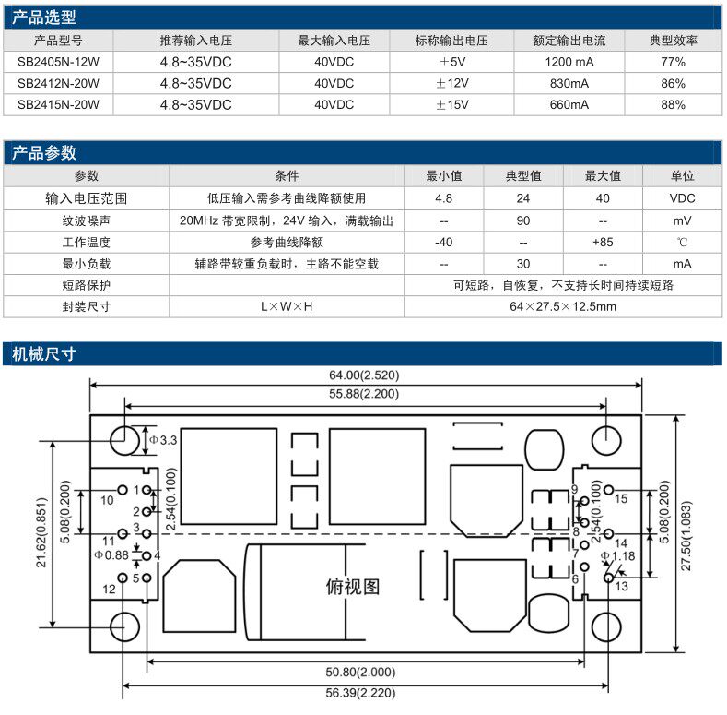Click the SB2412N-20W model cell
pyautogui.click(x=58, y=83)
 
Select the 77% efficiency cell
pyautogui.click(x=673, y=62)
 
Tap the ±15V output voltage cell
pyautogui.click(x=451, y=104)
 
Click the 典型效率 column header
pyautogui.click(x=673, y=41)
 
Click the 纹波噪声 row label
pyautogui.click(x=87, y=220)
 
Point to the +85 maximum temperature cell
pyautogui.click(x=603, y=242)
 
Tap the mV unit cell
pyautogui.click(x=682, y=220)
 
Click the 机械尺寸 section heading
pyautogui.click(x=44, y=353)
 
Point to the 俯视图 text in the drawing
pyautogui.click(x=353, y=586)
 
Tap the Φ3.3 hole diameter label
pyautogui.click(x=163, y=441)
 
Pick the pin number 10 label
pyautogui.click(x=107, y=499)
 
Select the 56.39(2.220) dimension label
pyautogui.click(x=367, y=694)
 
